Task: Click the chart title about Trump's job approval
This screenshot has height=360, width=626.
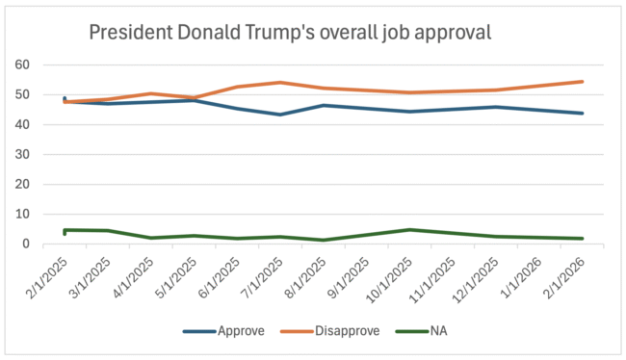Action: (x=290, y=32)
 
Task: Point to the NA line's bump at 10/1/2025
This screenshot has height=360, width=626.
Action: (x=409, y=229)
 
